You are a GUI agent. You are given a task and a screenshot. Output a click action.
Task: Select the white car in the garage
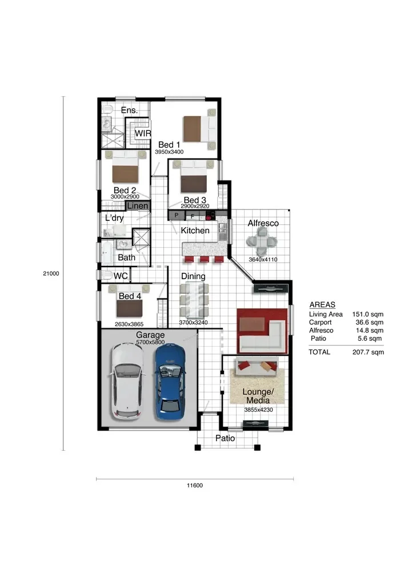(127, 382)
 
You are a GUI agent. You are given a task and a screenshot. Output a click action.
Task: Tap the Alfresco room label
(263, 223)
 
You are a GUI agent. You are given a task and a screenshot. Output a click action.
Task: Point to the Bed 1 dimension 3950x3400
(169, 152)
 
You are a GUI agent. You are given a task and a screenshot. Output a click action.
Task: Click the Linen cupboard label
(138, 206)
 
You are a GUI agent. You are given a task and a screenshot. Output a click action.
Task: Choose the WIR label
(143, 133)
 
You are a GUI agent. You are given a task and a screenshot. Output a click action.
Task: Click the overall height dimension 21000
(51, 273)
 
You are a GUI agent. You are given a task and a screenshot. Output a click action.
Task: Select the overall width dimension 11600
(194, 486)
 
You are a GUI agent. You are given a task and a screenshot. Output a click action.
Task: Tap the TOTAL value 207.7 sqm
(368, 352)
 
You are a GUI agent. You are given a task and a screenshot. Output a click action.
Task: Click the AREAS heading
(322, 305)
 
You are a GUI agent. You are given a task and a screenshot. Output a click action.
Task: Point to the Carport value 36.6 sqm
(369, 322)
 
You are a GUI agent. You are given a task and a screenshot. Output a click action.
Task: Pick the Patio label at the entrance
(225, 438)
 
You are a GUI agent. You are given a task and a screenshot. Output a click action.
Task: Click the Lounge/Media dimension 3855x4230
(258, 410)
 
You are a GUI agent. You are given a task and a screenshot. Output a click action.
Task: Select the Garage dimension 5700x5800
(150, 342)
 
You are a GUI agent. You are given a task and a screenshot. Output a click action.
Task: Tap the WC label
(121, 276)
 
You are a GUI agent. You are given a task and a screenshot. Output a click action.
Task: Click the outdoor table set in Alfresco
(262, 241)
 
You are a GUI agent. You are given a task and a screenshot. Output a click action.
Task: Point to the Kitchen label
(195, 231)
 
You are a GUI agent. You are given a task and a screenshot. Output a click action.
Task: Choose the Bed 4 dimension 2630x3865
(129, 324)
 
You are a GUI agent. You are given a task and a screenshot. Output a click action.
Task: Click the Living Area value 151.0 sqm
(367, 314)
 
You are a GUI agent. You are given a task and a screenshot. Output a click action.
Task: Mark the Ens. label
(129, 110)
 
